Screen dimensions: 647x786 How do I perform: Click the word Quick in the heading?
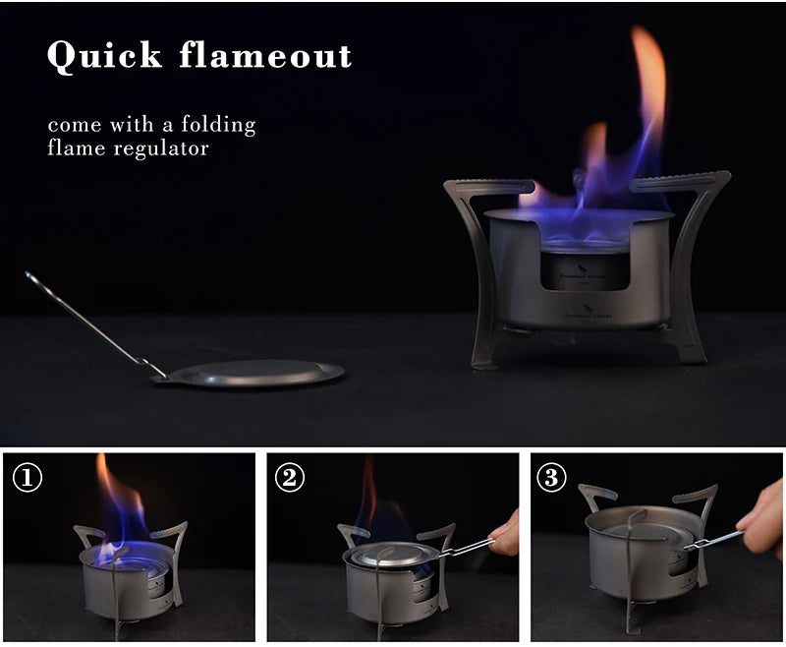[x=103, y=56]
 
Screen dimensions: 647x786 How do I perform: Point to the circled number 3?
[x=553, y=478]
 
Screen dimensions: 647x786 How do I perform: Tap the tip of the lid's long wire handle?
[x=30, y=276]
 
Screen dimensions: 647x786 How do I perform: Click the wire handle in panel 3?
[x=715, y=540]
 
